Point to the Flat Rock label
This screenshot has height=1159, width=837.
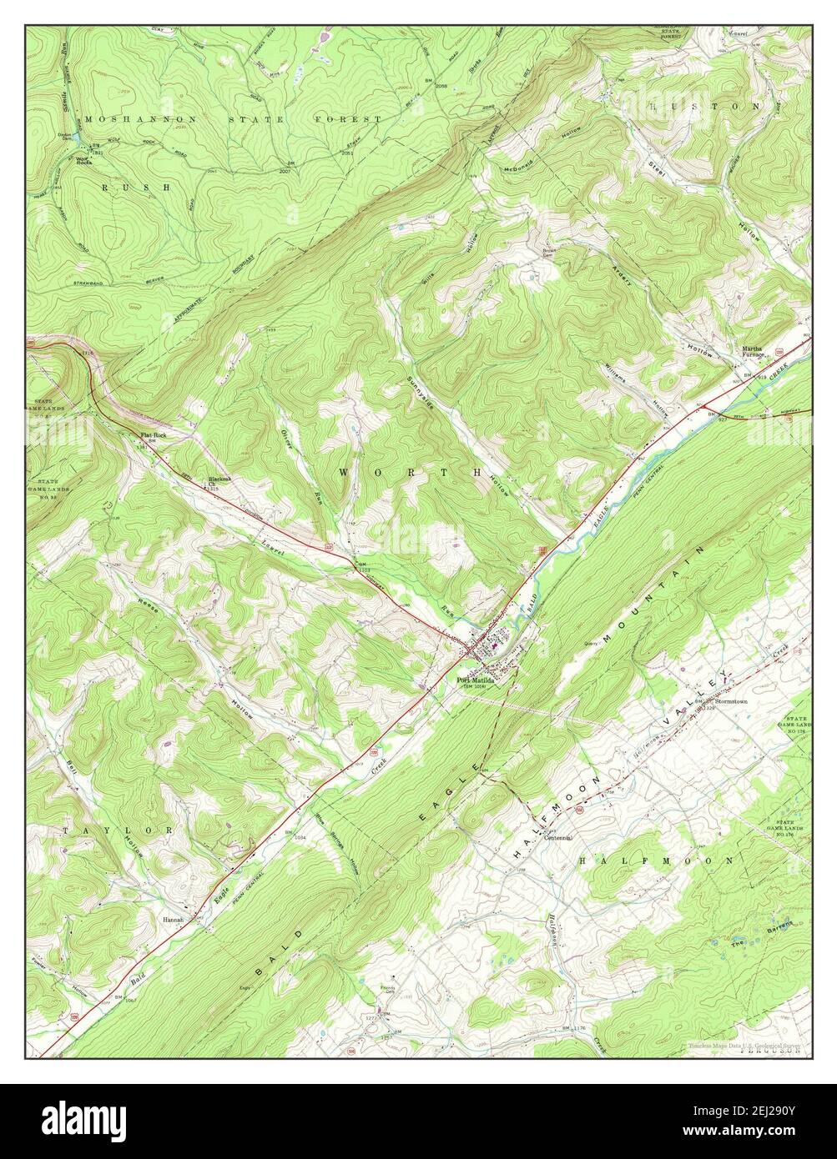click(154, 436)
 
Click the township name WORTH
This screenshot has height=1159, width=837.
click(411, 472)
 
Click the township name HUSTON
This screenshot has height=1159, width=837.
click(705, 108)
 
